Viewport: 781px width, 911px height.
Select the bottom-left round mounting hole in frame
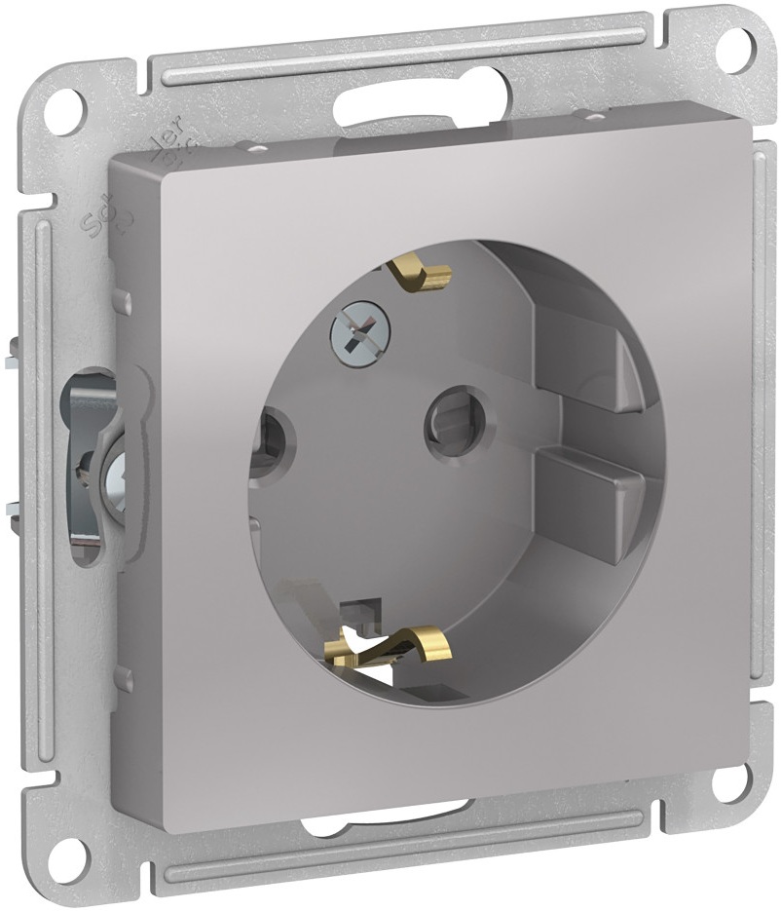[x=71, y=854]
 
